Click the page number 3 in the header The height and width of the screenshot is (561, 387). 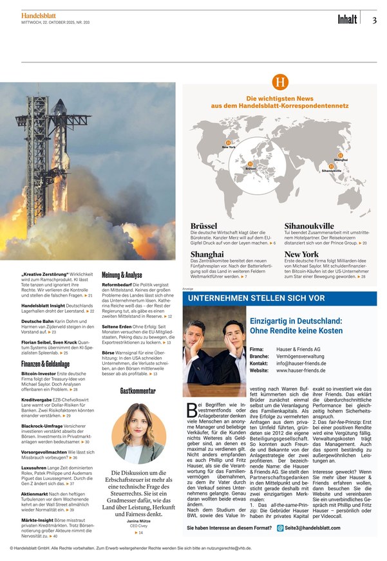tap(374, 19)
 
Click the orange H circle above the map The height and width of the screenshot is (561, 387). tap(279, 82)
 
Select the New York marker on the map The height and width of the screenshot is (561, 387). tap(228, 143)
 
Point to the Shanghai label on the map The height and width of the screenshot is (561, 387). tap(341, 159)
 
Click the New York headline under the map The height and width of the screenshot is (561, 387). tap(301, 255)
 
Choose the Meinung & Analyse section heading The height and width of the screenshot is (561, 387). tap(122, 274)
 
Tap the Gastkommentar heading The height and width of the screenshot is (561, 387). tap(138, 391)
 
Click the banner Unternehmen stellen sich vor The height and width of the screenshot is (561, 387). tap(256, 299)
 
